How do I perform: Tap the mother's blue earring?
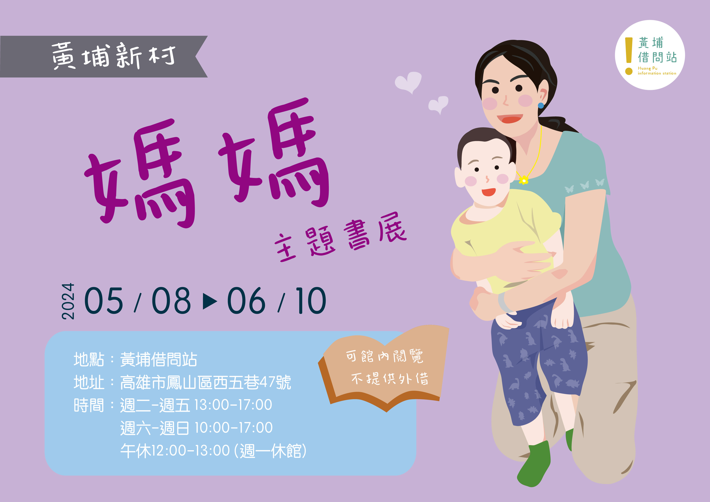pyautogui.click(x=541, y=105)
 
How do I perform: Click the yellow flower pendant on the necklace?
pyautogui.click(x=524, y=180)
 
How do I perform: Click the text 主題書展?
pyautogui.click(x=340, y=238)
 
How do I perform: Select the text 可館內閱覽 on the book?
pyautogui.click(x=384, y=356)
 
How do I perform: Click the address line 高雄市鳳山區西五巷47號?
pyautogui.click(x=206, y=382)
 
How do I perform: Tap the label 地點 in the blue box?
pyautogui.click(x=89, y=359)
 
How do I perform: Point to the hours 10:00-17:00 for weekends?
pyautogui.click(x=234, y=428)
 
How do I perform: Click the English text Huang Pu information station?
pyautogui.click(x=657, y=71)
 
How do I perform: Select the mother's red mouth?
pyautogui.click(x=510, y=118)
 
